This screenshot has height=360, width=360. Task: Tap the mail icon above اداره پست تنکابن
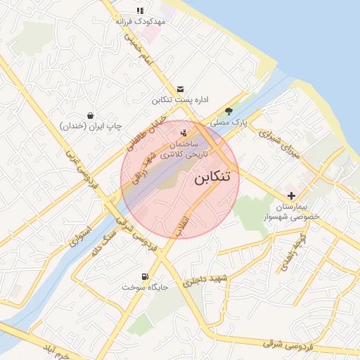(x=181, y=89)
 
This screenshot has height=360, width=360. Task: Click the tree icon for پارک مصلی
(x=229, y=111)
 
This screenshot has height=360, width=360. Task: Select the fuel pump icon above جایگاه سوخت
(x=145, y=276)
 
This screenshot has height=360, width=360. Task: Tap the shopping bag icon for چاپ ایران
(x=91, y=115)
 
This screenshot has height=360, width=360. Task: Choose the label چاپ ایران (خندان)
(x=91, y=126)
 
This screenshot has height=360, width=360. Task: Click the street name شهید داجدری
(x=207, y=281)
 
